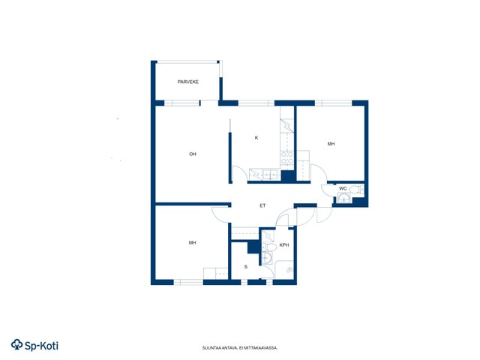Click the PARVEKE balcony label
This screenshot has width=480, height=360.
pos(188,82)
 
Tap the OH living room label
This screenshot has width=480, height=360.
pos(193,154)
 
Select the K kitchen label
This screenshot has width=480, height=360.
pos(256,138)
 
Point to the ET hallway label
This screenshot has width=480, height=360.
pos(262,205)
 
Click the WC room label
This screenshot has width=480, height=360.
pos(343,188)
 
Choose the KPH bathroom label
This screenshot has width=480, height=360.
pos(284,245)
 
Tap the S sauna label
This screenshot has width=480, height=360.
pos(246,267)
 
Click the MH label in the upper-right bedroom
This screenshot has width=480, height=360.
pos(331,143)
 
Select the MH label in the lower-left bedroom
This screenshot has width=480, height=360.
pos(192,243)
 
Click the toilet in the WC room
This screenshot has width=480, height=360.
pos(356,189)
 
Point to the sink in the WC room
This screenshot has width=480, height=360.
pos(344,198)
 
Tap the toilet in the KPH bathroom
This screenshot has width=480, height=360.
pos(269,247)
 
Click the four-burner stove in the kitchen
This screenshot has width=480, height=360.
pos(287,157)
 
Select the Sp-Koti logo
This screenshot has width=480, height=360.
pos(34,345)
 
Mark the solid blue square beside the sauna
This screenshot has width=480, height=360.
pos(253,247)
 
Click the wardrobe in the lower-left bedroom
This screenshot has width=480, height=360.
pos(215,273)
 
